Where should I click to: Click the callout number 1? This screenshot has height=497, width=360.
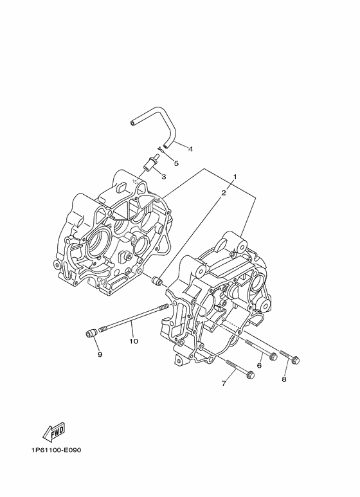235,176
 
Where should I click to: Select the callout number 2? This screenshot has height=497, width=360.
224,193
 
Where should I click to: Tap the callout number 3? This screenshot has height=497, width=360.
164,177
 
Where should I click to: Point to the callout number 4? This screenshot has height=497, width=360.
190,149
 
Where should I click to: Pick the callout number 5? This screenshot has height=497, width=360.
176,163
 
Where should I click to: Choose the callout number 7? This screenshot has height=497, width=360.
224,384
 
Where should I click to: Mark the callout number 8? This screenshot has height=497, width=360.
284,379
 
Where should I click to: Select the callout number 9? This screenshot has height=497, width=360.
100,354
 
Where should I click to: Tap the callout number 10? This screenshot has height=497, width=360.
134,341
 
